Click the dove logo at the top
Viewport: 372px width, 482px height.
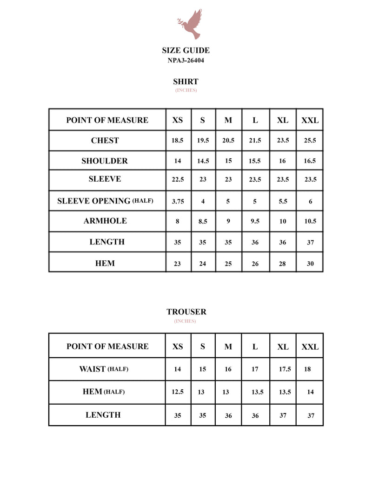(190, 24)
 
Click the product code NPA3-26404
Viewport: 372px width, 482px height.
(186, 60)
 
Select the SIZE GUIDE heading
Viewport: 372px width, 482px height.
(186, 50)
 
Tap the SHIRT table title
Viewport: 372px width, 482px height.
(186, 81)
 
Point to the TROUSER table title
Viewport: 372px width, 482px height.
(186, 312)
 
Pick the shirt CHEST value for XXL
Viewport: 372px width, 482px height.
(310, 141)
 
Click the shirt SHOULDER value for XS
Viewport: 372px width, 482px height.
(178, 161)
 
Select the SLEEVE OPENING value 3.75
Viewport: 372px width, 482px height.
(178, 202)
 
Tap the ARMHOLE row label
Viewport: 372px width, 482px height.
(105, 221)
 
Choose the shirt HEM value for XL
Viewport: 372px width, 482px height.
(283, 264)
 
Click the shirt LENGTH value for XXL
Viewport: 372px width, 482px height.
(310, 243)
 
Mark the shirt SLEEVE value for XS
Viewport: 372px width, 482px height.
(178, 180)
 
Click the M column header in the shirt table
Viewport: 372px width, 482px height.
(228, 120)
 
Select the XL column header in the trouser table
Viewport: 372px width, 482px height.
(283, 347)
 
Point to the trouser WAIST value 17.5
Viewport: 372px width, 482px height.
(285, 369)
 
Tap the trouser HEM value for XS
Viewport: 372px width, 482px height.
(178, 392)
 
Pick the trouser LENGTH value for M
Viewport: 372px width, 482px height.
(228, 416)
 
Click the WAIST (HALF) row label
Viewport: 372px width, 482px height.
(104, 369)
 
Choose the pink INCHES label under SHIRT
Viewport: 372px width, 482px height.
(186, 90)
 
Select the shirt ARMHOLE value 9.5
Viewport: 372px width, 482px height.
(255, 221)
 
